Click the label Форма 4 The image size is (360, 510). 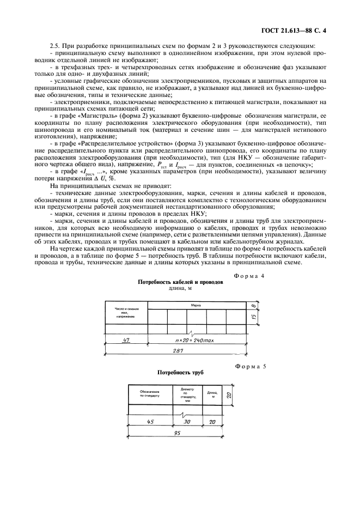[x=249, y=276]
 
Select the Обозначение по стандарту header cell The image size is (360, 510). [x=149, y=394]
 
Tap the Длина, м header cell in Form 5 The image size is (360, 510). [x=212, y=394]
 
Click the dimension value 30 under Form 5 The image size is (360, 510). [x=187, y=422]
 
